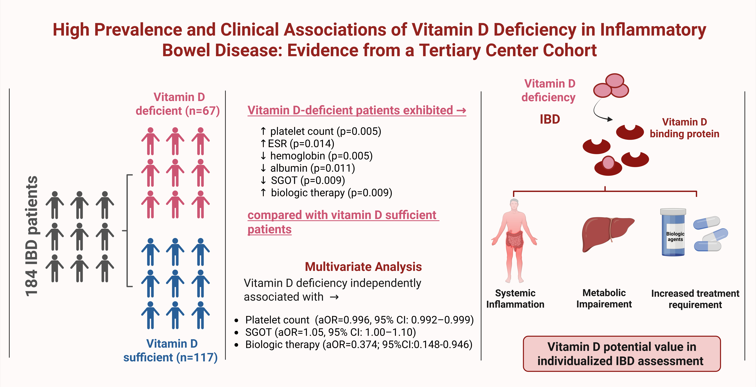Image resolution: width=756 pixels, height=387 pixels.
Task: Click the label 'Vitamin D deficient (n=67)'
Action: point(178,104)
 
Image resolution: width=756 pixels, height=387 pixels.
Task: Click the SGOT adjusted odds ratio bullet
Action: point(330,332)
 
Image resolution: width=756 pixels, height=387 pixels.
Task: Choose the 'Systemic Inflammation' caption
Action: point(515,299)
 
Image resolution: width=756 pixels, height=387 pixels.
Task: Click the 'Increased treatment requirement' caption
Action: point(695,299)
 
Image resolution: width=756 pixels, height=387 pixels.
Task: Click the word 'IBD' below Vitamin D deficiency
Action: point(550,119)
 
